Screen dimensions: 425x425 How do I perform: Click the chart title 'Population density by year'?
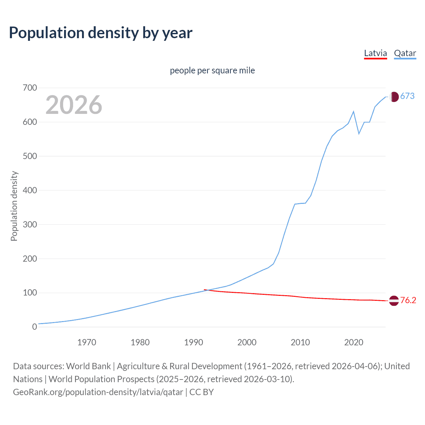[101, 33]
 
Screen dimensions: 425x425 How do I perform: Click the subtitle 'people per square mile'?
[212, 70]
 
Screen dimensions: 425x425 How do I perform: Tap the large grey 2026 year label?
[74, 105]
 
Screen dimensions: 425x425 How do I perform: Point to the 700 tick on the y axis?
[30, 88]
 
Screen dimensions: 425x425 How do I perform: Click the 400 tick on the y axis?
[30, 190]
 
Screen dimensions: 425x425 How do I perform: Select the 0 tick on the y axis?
[35, 327]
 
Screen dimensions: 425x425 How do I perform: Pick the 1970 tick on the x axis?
[87, 342]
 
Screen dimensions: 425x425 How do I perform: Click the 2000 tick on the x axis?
[247, 342]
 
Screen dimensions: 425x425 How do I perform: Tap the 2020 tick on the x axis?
[354, 342]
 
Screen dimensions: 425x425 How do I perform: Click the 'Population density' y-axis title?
[14, 206]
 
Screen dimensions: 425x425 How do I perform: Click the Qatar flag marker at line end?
[394, 97]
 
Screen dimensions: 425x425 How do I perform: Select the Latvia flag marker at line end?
[394, 300]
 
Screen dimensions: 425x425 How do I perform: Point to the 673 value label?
[407, 96]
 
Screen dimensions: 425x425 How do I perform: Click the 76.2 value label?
[408, 300]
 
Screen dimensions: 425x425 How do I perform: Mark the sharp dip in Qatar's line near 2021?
[359, 133]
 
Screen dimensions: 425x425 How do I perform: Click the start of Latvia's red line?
[205, 290]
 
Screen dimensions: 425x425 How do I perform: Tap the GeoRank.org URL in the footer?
[98, 392]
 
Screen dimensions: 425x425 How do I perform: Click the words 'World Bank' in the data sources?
[88, 366]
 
